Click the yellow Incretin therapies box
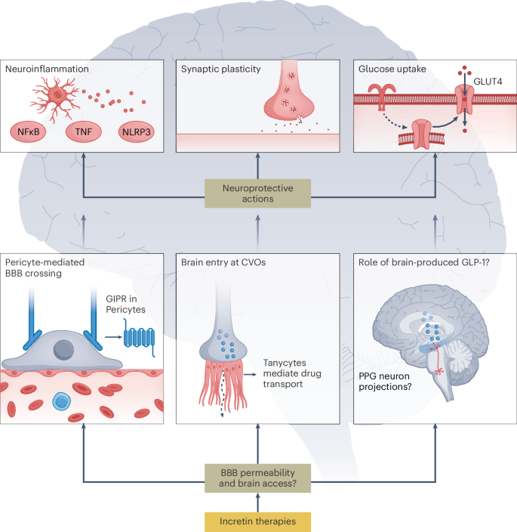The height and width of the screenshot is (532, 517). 258,521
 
